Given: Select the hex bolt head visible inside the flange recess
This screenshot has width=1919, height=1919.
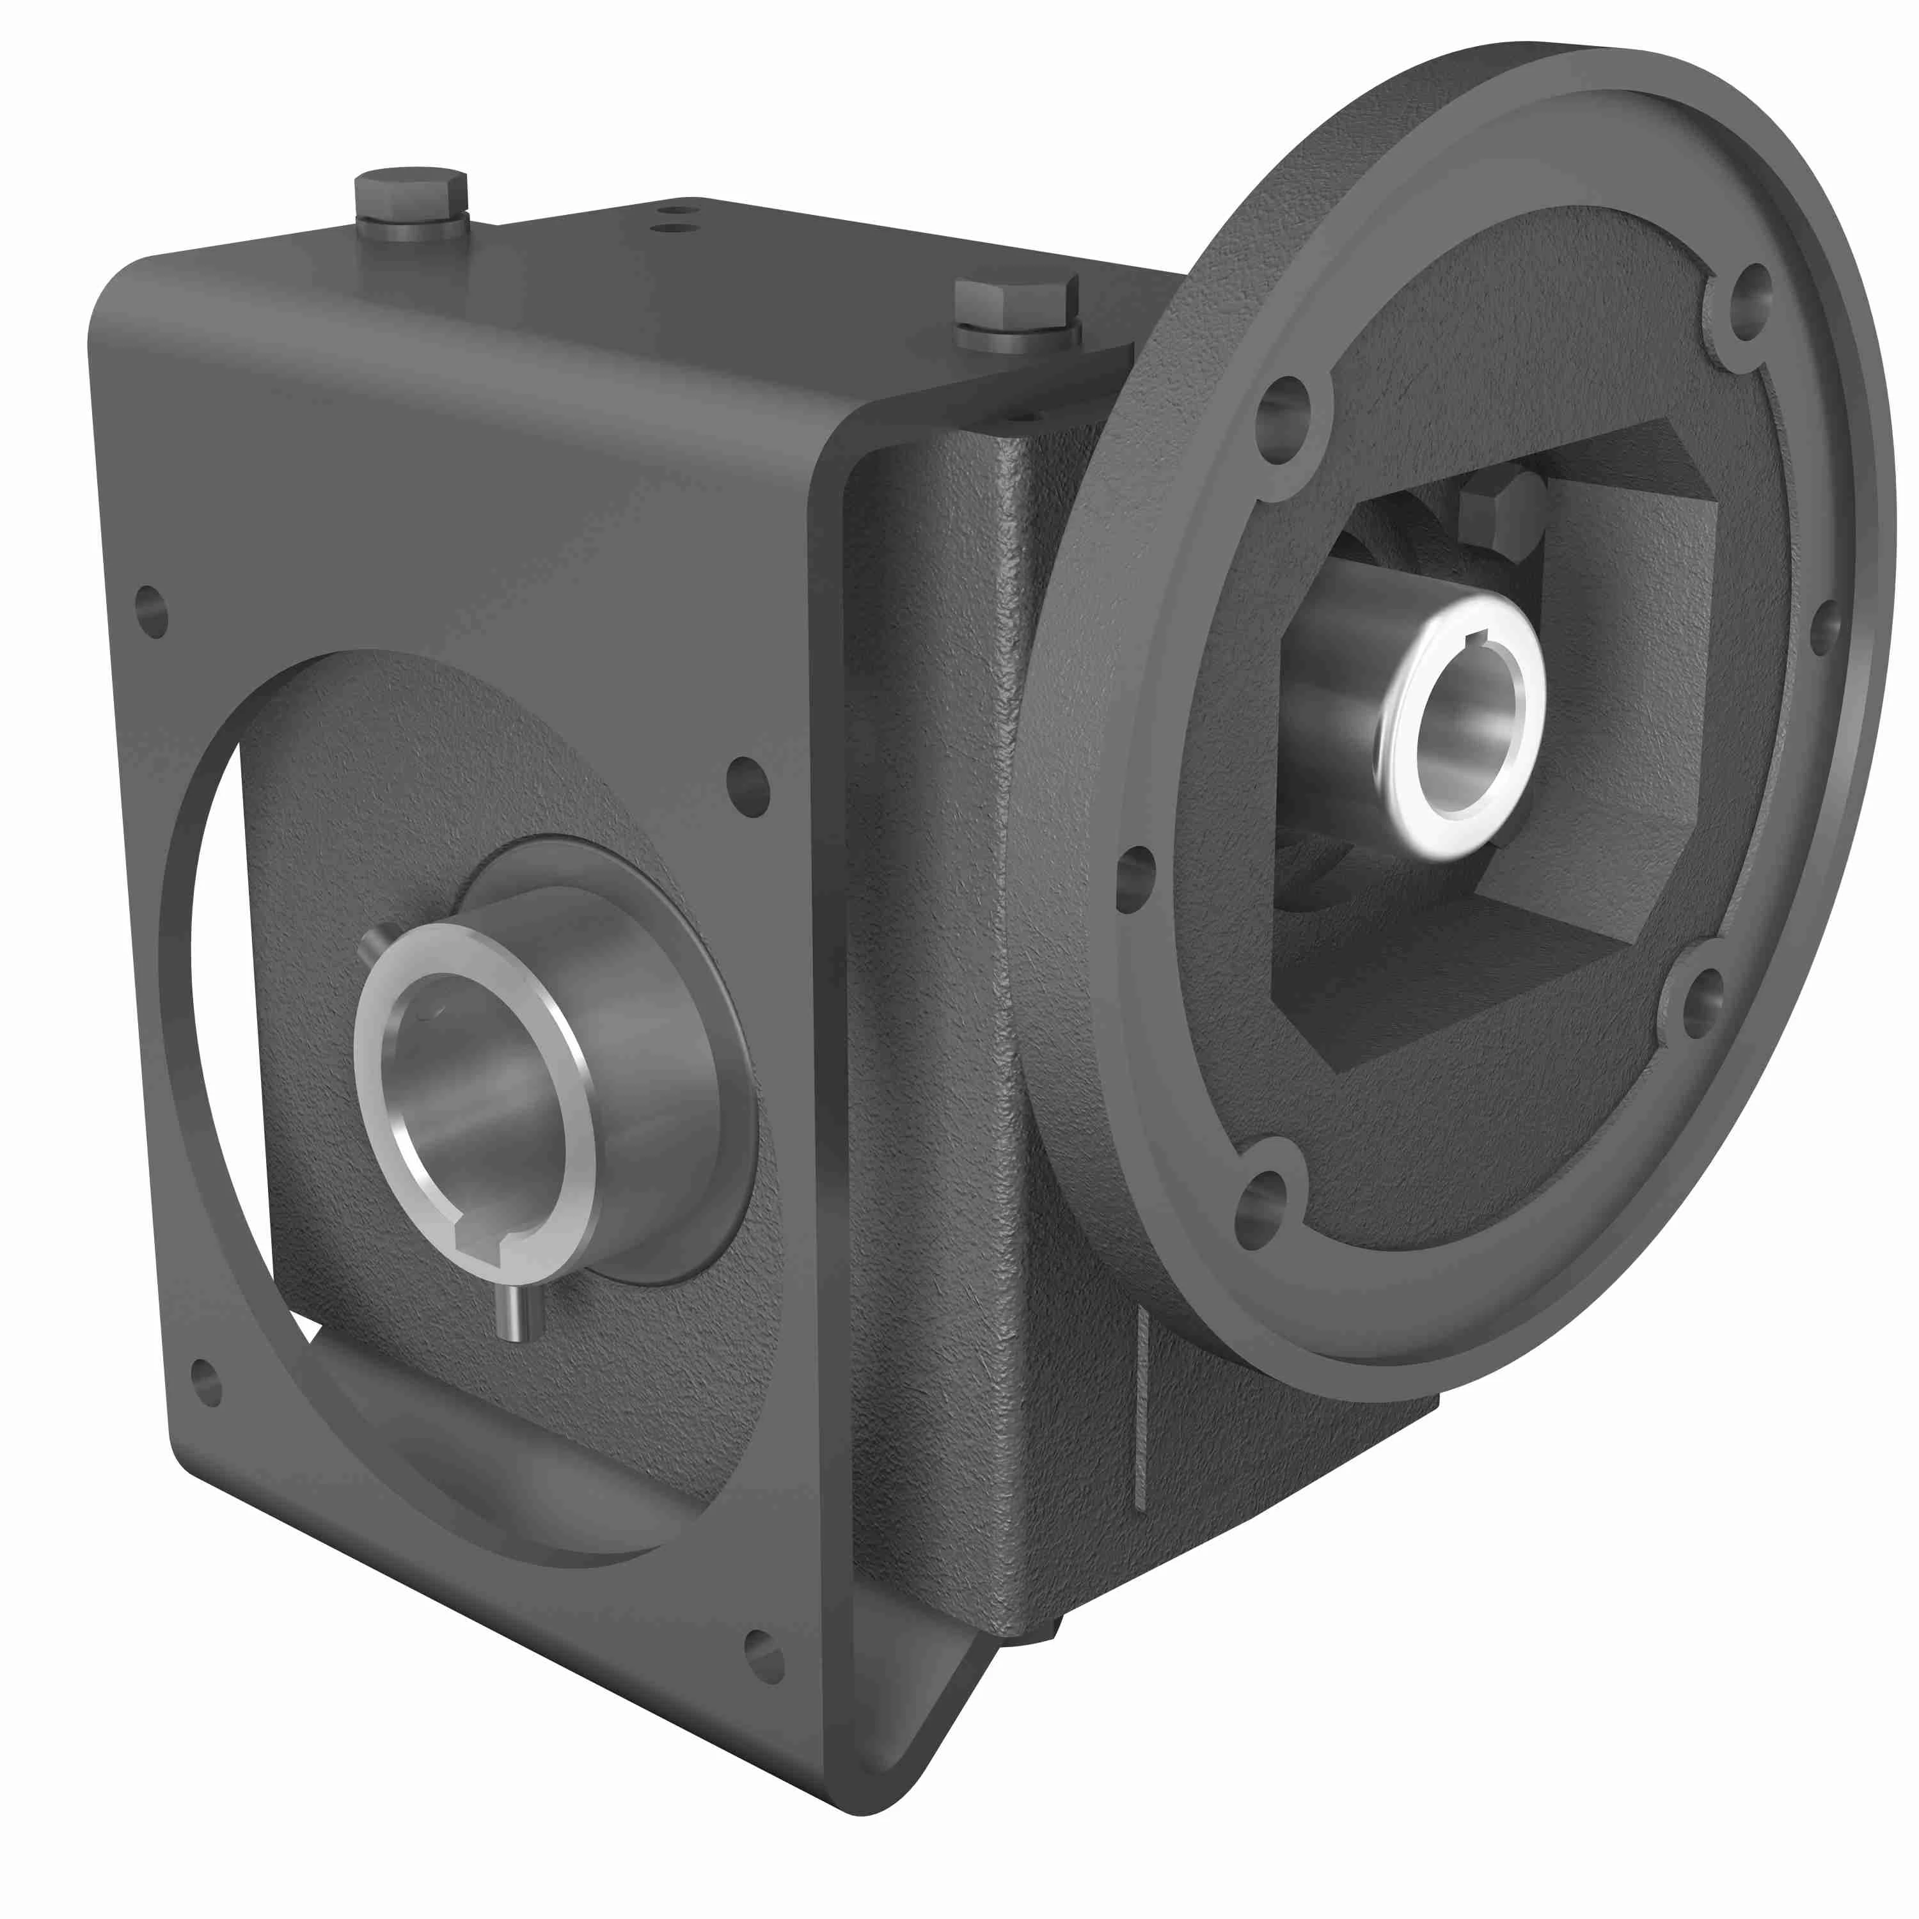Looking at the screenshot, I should [x=1501, y=512].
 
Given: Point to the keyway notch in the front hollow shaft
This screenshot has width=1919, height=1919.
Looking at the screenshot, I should [x=493, y=1242].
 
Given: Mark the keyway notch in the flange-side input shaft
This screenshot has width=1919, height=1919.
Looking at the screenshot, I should [x=1479, y=636].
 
